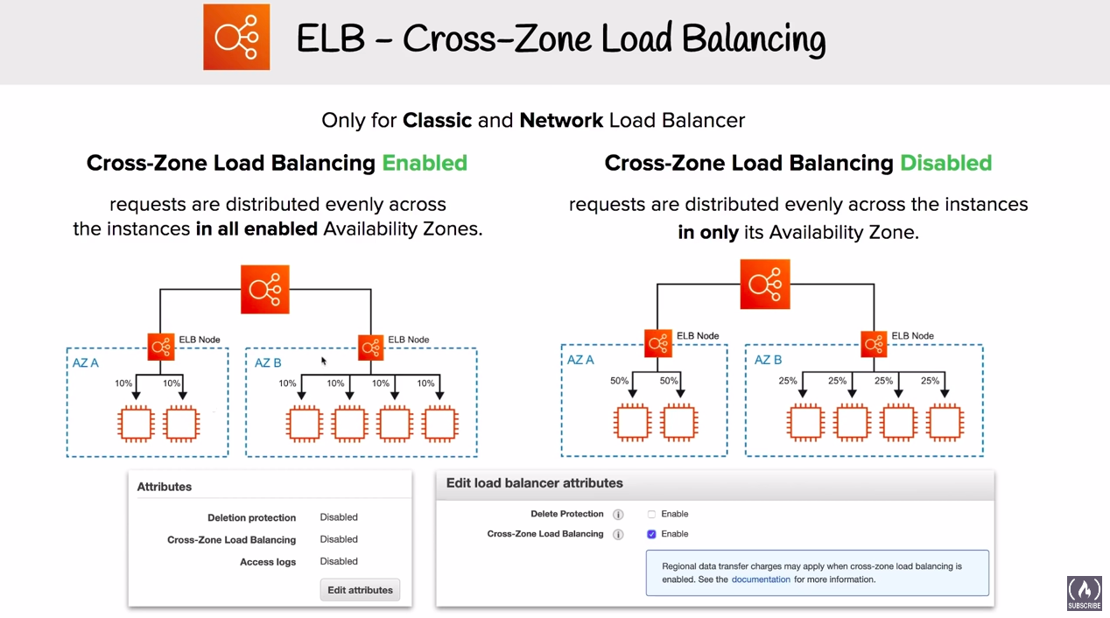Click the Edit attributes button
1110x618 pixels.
360,590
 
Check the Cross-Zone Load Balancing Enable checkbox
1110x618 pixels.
651,534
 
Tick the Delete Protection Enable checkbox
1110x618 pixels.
651,514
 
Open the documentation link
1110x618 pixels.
761,579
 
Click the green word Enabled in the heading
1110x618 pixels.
425,163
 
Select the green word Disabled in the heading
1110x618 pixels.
946,163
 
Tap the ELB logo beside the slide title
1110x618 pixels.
236,37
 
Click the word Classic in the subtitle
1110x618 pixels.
437,120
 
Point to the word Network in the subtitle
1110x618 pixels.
561,120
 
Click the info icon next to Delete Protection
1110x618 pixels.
618,515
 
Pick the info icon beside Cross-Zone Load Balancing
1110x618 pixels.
618,534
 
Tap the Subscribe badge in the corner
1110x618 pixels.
1085,593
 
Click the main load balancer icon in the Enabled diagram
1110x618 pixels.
265,290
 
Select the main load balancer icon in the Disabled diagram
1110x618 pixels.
765,284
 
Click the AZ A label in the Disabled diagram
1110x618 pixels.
580,360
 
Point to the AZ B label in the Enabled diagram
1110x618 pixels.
268,362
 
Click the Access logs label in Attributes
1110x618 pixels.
268,561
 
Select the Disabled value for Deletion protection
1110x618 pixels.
339,517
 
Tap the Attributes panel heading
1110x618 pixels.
164,487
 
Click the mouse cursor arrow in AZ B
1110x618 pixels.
324,361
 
